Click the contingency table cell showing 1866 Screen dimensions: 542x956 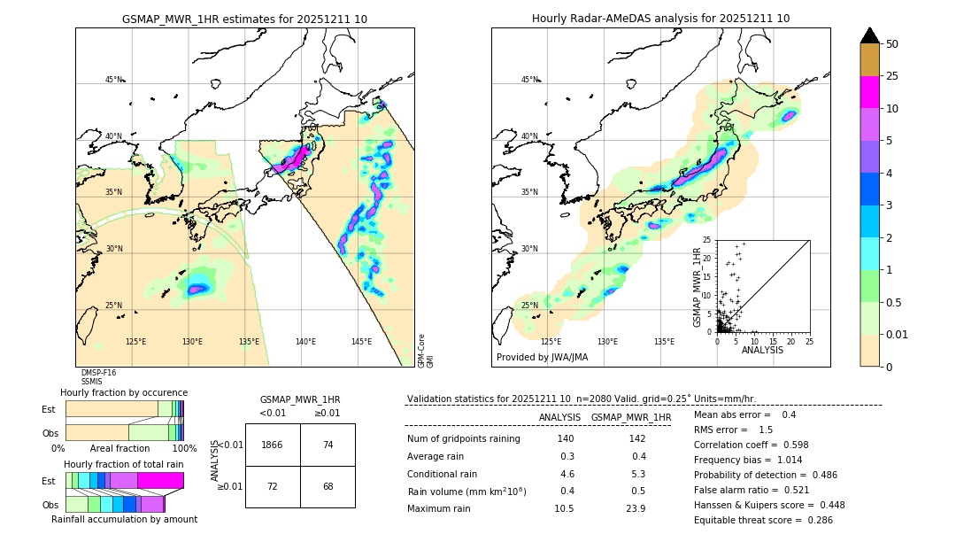[273, 445]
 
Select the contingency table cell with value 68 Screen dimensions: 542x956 [328, 486]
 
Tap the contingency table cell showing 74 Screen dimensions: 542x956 [328, 445]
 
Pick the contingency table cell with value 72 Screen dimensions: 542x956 [273, 486]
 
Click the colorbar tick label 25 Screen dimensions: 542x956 [892, 76]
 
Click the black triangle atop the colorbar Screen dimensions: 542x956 [870, 35]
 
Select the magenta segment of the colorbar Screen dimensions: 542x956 [870, 92]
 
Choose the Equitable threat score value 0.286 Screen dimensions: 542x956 [814, 520]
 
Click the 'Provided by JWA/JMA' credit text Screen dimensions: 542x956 [542, 358]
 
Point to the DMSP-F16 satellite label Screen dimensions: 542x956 [98, 373]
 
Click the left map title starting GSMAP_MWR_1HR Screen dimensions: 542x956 [244, 19]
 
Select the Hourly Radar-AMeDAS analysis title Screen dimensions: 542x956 [660, 19]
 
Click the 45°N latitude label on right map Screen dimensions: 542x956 [529, 80]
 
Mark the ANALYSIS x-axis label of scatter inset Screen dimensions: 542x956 [762, 350]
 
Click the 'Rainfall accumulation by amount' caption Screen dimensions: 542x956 [124, 519]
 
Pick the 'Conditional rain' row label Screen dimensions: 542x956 [443, 474]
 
